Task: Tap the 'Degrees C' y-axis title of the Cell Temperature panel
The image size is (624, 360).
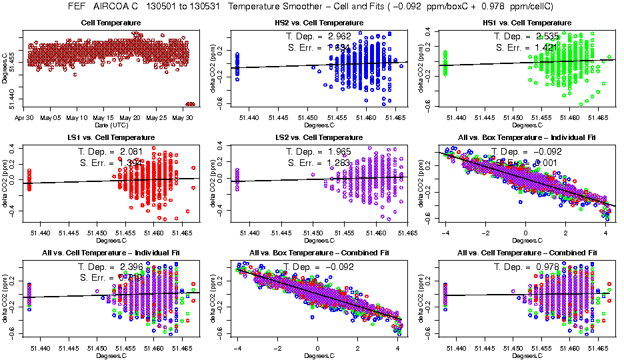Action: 5,67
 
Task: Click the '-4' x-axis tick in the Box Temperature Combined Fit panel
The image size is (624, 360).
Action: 237,348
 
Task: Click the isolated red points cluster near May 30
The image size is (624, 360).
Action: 190,103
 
